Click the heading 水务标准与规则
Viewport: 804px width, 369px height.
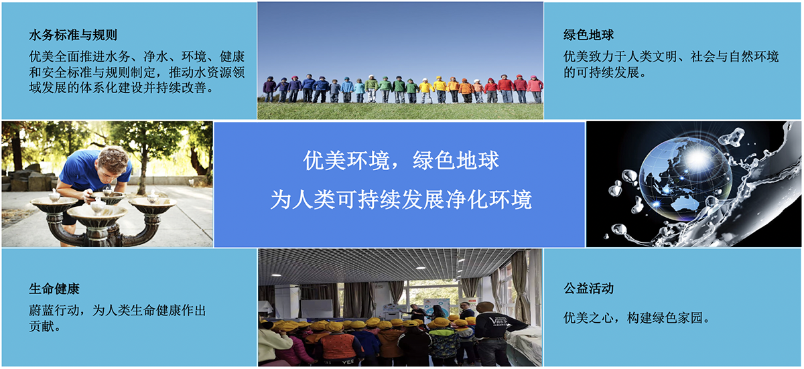73,35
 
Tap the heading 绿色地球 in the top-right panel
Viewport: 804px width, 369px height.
589,35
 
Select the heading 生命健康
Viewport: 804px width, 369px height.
54,289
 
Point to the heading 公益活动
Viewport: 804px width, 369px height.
589,289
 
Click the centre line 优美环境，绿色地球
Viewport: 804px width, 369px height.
401,160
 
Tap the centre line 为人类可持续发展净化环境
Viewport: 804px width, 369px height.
401,200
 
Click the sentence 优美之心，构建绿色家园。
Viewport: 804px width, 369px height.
636,317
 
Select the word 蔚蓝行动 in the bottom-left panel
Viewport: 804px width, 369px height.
54,310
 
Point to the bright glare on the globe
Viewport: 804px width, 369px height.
698,158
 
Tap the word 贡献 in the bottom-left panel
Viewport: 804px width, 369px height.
42,326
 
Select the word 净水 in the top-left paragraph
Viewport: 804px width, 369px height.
155,57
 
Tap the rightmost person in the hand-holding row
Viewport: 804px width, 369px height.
535,89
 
